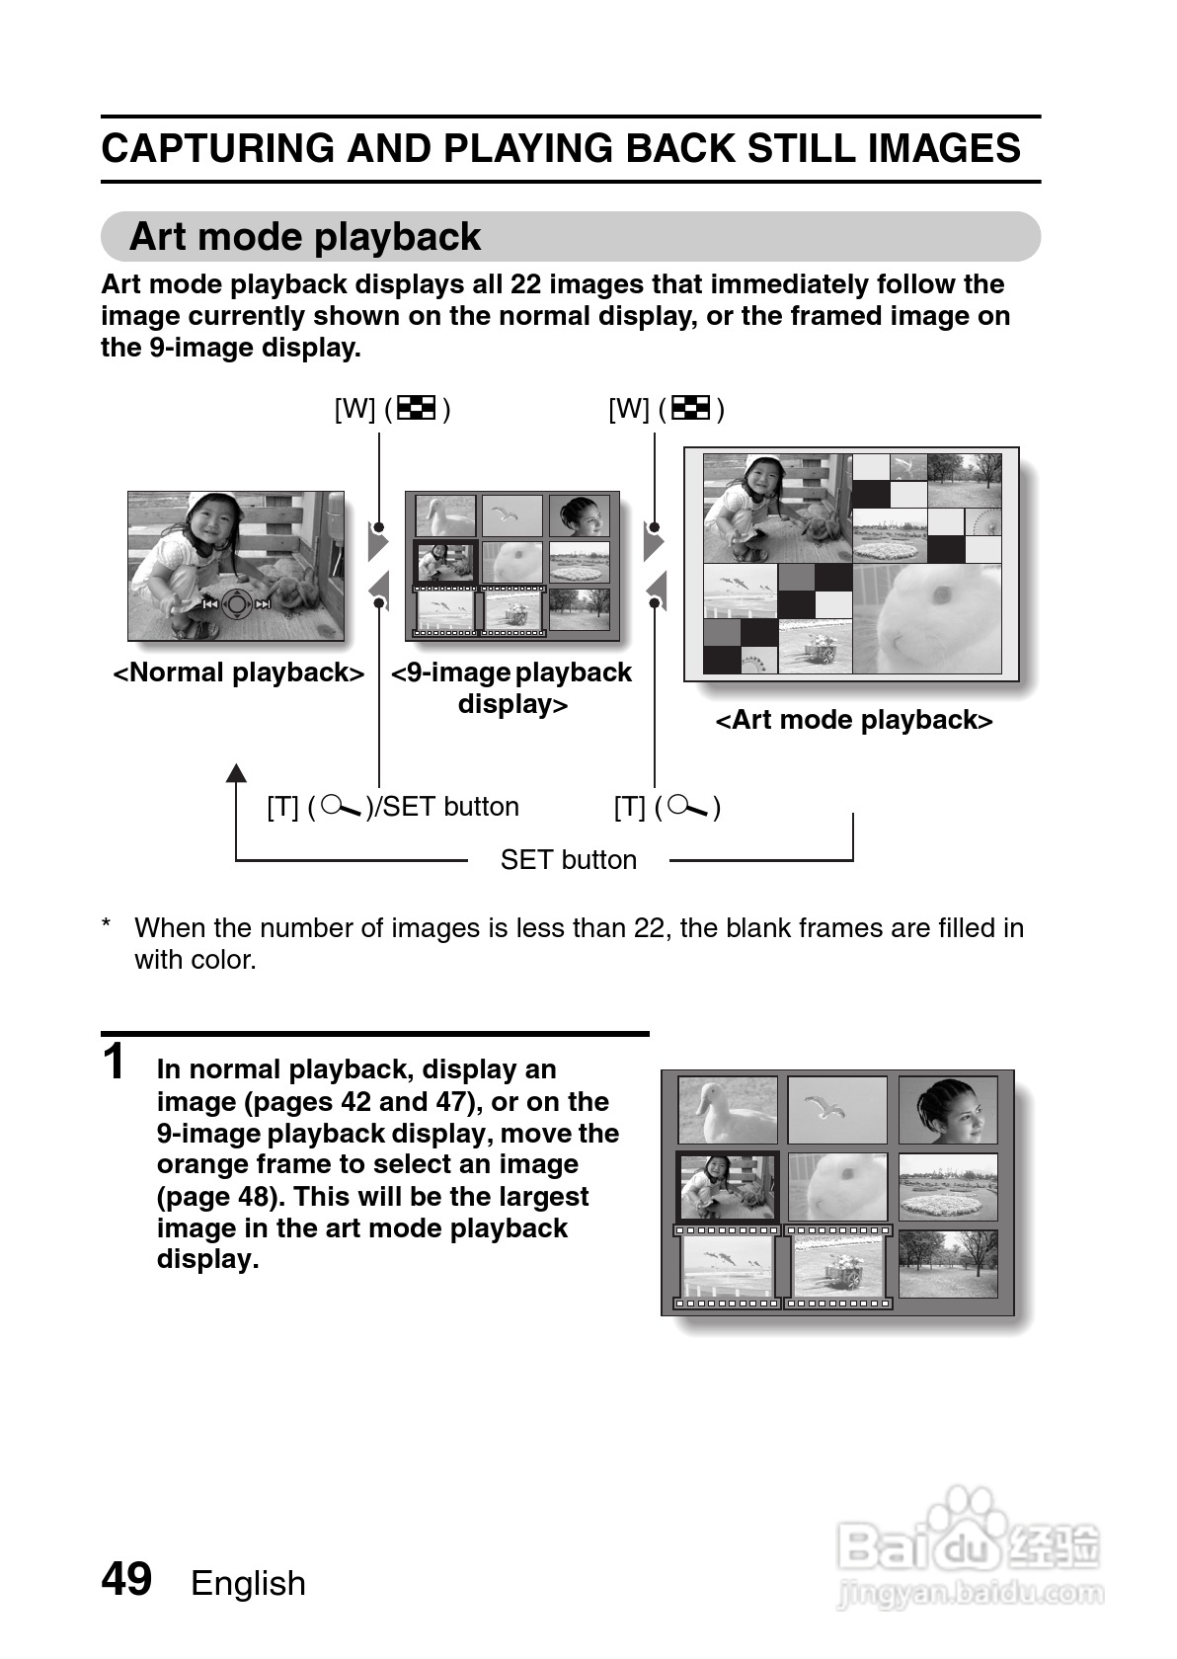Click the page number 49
(126, 1579)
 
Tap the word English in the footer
(248, 1583)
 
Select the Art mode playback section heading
(305, 237)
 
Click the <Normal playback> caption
(238, 672)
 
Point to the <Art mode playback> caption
(853, 720)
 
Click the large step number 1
(115, 1064)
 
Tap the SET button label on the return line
(568, 859)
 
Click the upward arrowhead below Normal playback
(236, 772)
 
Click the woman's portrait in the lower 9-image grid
(948, 1110)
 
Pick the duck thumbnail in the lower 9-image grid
(727, 1110)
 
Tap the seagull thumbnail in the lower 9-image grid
(837, 1110)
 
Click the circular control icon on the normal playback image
(236, 603)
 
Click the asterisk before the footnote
(106, 926)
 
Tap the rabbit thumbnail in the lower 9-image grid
(837, 1186)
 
